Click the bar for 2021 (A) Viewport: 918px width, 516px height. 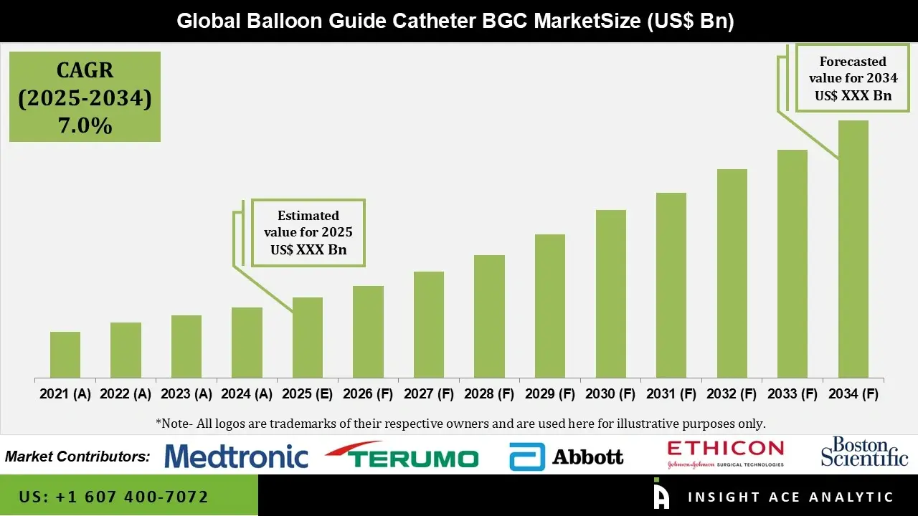[x=65, y=355]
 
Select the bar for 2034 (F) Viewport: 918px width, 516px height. [x=853, y=249]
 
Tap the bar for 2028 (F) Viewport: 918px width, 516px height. [x=489, y=317]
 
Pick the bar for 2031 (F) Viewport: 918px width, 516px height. [x=671, y=285]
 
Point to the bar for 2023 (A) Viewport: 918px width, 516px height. [x=186, y=347]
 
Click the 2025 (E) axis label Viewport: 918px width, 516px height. [x=307, y=394]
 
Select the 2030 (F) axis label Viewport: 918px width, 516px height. [x=610, y=394]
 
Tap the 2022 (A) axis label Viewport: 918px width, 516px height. [x=126, y=394]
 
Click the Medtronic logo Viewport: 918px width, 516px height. [x=236, y=457]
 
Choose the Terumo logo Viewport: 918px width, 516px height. [x=402, y=457]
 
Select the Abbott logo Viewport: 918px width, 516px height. [x=567, y=457]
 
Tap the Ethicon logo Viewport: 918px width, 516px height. [x=725, y=454]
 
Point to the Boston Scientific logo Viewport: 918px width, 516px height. [x=864, y=452]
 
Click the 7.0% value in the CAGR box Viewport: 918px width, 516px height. [x=85, y=126]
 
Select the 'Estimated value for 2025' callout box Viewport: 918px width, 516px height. [x=308, y=232]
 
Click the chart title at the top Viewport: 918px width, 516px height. [x=455, y=21]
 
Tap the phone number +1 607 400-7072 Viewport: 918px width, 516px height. [x=114, y=497]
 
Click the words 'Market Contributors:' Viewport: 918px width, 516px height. [x=77, y=457]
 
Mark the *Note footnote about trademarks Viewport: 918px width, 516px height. [x=460, y=423]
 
